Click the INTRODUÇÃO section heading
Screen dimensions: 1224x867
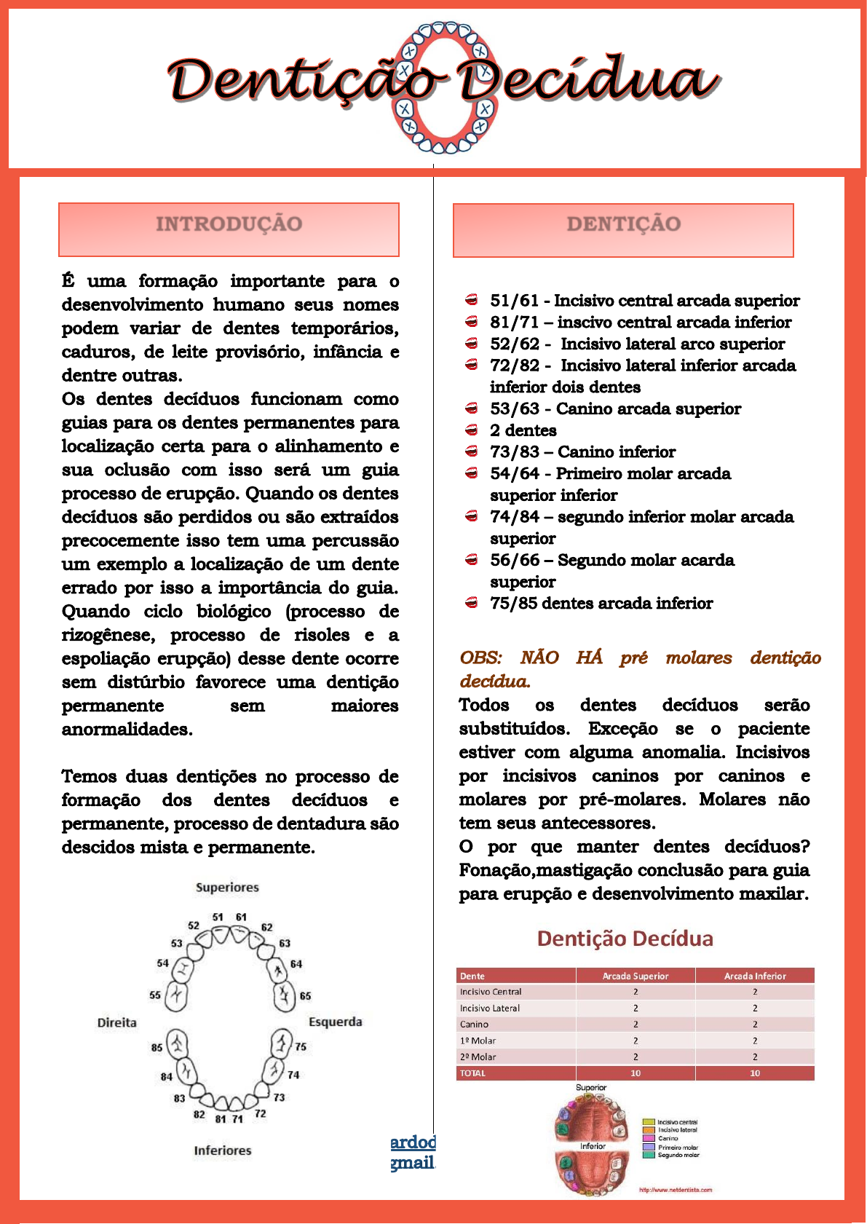229,224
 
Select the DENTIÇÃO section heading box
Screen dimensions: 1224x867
623,230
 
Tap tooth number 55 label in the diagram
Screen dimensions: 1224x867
155,995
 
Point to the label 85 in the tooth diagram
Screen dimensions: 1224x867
157,1048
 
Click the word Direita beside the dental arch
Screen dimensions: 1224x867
117,1022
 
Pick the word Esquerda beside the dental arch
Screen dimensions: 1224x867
335,1022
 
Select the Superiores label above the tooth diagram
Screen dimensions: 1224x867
227,888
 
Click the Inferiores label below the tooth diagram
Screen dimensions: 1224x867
223,1150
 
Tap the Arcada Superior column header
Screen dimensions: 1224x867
635,976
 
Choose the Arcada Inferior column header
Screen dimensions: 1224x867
755,976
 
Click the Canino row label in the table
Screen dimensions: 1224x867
474,1024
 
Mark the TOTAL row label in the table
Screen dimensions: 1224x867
472,1073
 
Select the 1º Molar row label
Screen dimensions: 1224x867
478,1041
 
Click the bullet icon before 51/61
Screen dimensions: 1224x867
472,300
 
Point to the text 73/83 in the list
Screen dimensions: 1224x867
514,452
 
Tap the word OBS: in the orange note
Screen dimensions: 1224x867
480,658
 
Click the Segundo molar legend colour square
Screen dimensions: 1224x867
649,1155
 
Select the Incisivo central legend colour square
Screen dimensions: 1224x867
649,1122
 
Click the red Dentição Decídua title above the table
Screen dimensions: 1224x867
625,939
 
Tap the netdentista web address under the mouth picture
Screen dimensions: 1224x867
675,1190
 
